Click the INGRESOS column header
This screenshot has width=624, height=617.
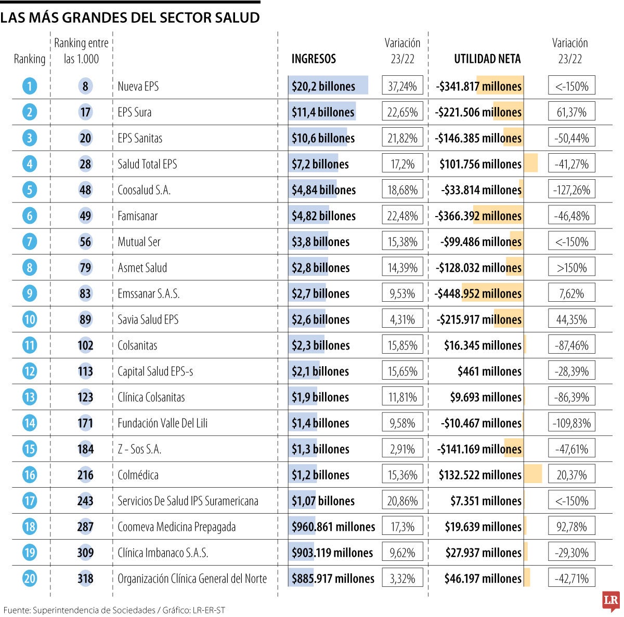[x=314, y=59]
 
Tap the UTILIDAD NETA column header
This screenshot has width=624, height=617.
[x=487, y=59]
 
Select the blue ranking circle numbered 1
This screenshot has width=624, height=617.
[x=30, y=86]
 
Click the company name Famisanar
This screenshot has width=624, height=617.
[x=137, y=216]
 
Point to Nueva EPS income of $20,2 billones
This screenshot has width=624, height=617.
[x=323, y=86]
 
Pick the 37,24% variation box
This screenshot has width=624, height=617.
[x=402, y=86]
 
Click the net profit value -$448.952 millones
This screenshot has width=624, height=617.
[x=478, y=293]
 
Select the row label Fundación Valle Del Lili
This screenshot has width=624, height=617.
[x=162, y=423]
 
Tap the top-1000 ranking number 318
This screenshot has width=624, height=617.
[x=85, y=579]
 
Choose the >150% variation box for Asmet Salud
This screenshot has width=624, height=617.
[x=571, y=268]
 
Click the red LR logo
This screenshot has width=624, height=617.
[x=611, y=601]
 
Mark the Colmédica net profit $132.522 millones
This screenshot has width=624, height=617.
[x=480, y=475]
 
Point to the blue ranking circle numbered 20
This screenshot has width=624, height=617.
[x=30, y=579]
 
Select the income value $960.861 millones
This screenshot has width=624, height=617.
[x=333, y=527]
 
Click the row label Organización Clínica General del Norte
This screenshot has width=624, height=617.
[x=192, y=579]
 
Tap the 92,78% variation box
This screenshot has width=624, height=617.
[x=571, y=527]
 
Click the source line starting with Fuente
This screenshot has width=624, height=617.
[x=114, y=610]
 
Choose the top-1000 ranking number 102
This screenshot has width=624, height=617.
[x=85, y=345]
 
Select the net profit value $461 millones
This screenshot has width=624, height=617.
[x=489, y=371]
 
